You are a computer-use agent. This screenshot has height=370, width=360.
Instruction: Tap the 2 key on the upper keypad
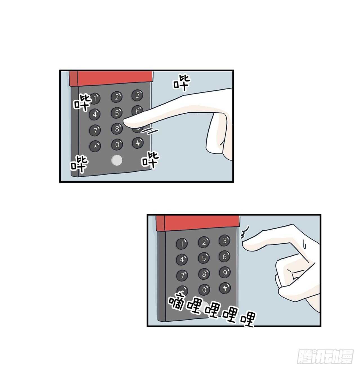point(117,97)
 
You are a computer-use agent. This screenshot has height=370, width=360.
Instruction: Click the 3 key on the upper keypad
point(137,95)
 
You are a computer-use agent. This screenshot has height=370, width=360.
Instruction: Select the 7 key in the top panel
point(95,130)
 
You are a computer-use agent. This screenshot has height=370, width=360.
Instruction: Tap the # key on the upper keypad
point(138,143)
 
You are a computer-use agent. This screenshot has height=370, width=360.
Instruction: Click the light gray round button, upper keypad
point(117,160)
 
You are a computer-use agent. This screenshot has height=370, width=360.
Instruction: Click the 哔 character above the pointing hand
point(182,83)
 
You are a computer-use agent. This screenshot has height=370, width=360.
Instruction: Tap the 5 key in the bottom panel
point(204,258)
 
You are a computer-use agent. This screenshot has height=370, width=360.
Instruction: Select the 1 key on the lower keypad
point(182,244)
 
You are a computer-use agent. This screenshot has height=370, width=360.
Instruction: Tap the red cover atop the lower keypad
point(198,224)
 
